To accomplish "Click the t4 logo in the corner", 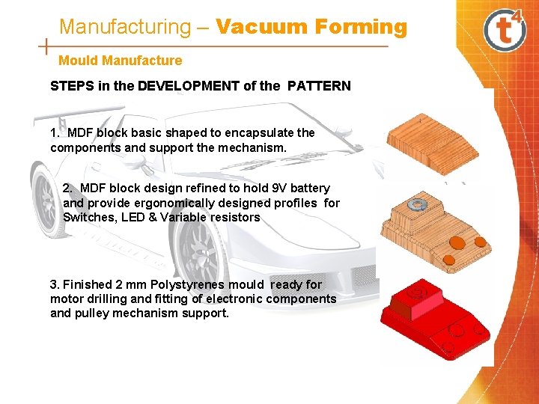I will (507, 28).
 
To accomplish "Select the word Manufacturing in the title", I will (125, 27).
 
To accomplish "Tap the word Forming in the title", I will (361, 27).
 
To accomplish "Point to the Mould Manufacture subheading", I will (120, 61).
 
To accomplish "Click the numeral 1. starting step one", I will (55, 132).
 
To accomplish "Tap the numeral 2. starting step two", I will (69, 188).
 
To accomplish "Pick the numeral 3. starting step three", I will (55, 284).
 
